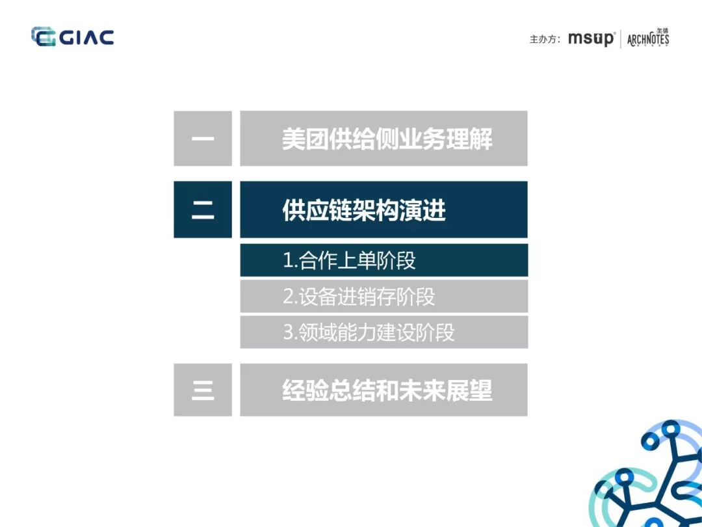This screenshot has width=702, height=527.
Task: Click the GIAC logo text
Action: click(x=87, y=37)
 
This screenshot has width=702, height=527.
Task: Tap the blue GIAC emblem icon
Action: click(x=44, y=37)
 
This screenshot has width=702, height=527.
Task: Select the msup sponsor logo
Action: click(x=590, y=38)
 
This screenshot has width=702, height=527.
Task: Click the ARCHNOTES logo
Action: click(x=648, y=38)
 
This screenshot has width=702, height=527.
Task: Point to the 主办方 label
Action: click(x=545, y=39)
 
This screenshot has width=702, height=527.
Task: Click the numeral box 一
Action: click(x=203, y=139)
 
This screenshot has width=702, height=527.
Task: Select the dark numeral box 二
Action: click(x=203, y=209)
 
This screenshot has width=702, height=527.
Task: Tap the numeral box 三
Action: click(x=203, y=390)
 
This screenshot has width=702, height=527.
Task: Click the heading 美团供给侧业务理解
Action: click(x=387, y=139)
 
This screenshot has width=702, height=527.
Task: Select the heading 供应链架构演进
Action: click(x=364, y=210)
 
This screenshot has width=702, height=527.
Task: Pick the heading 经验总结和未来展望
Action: click(x=387, y=390)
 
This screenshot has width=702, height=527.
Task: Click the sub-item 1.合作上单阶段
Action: click(x=349, y=260)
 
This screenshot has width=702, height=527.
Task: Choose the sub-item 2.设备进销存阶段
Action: click(x=359, y=297)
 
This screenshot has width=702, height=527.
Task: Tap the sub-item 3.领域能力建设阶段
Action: click(x=369, y=332)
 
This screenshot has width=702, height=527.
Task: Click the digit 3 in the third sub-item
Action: click(x=289, y=332)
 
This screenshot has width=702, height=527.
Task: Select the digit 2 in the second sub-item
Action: click(x=289, y=297)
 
